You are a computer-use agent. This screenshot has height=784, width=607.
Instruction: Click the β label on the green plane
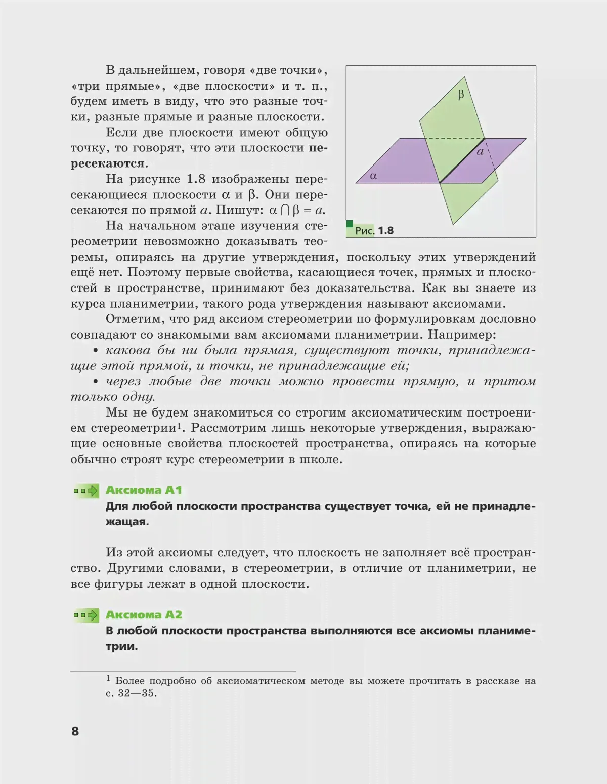coord(461,95)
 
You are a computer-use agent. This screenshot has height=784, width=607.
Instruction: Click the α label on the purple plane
coord(373,176)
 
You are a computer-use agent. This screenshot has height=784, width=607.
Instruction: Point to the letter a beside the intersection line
coord(481,151)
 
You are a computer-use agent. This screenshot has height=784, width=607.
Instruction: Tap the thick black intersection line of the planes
coord(462,160)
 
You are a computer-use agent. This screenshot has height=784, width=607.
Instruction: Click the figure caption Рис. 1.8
coord(374,231)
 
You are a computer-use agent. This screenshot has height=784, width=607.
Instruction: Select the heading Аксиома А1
coord(144,490)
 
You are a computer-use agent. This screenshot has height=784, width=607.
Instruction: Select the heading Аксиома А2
coord(144,614)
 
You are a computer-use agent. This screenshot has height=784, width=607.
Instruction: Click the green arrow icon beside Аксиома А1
coord(86,490)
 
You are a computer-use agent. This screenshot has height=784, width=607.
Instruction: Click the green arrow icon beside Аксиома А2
coord(86,615)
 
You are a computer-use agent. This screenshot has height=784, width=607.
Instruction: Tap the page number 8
coord(75,731)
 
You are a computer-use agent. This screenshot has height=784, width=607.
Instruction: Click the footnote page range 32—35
coord(137,693)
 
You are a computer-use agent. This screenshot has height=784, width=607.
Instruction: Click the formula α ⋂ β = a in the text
coord(297,210)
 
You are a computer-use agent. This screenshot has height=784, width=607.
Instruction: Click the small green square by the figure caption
coord(350,224)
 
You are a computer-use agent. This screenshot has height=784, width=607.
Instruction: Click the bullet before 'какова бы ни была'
coord(95,351)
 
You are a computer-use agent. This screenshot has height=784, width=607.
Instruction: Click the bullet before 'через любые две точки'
coord(95,382)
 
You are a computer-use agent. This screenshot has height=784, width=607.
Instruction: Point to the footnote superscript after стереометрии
coord(179,425)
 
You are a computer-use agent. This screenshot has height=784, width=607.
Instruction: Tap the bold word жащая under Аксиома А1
coord(127,522)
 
